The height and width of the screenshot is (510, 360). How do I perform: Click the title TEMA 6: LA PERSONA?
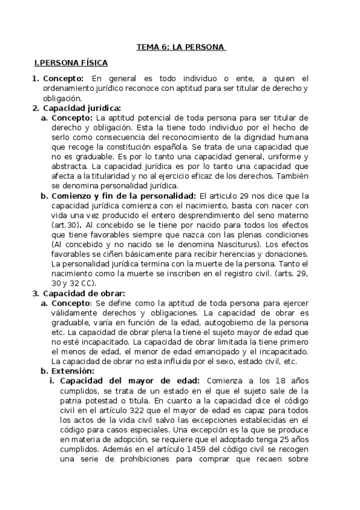(x=180, y=47)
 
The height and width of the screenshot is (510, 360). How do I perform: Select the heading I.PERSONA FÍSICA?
(x=71, y=63)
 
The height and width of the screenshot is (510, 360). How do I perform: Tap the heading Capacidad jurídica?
(x=82, y=108)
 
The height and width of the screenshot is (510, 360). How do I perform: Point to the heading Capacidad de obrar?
(x=84, y=293)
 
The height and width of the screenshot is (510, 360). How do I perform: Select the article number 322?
(x=178, y=409)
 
